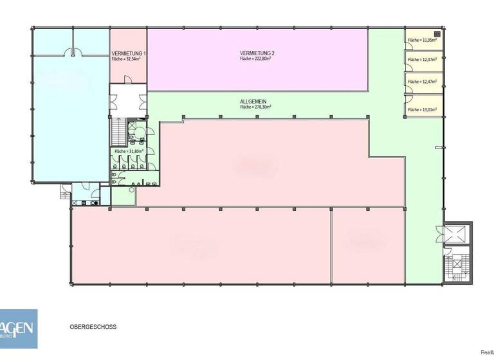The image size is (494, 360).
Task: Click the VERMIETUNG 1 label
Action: (x=128, y=53)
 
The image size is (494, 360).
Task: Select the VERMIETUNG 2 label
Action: (x=257, y=53)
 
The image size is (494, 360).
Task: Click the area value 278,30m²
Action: (x=255, y=107)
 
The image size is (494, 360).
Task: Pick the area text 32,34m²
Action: (x=126, y=59)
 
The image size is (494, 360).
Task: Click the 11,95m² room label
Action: (x=423, y=40)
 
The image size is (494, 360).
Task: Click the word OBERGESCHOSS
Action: (x=93, y=327)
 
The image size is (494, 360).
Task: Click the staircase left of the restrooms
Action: (x=119, y=132)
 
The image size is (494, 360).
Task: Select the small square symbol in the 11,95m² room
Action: (x=437, y=33)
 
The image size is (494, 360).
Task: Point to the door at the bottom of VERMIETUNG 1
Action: (x=129, y=78)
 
